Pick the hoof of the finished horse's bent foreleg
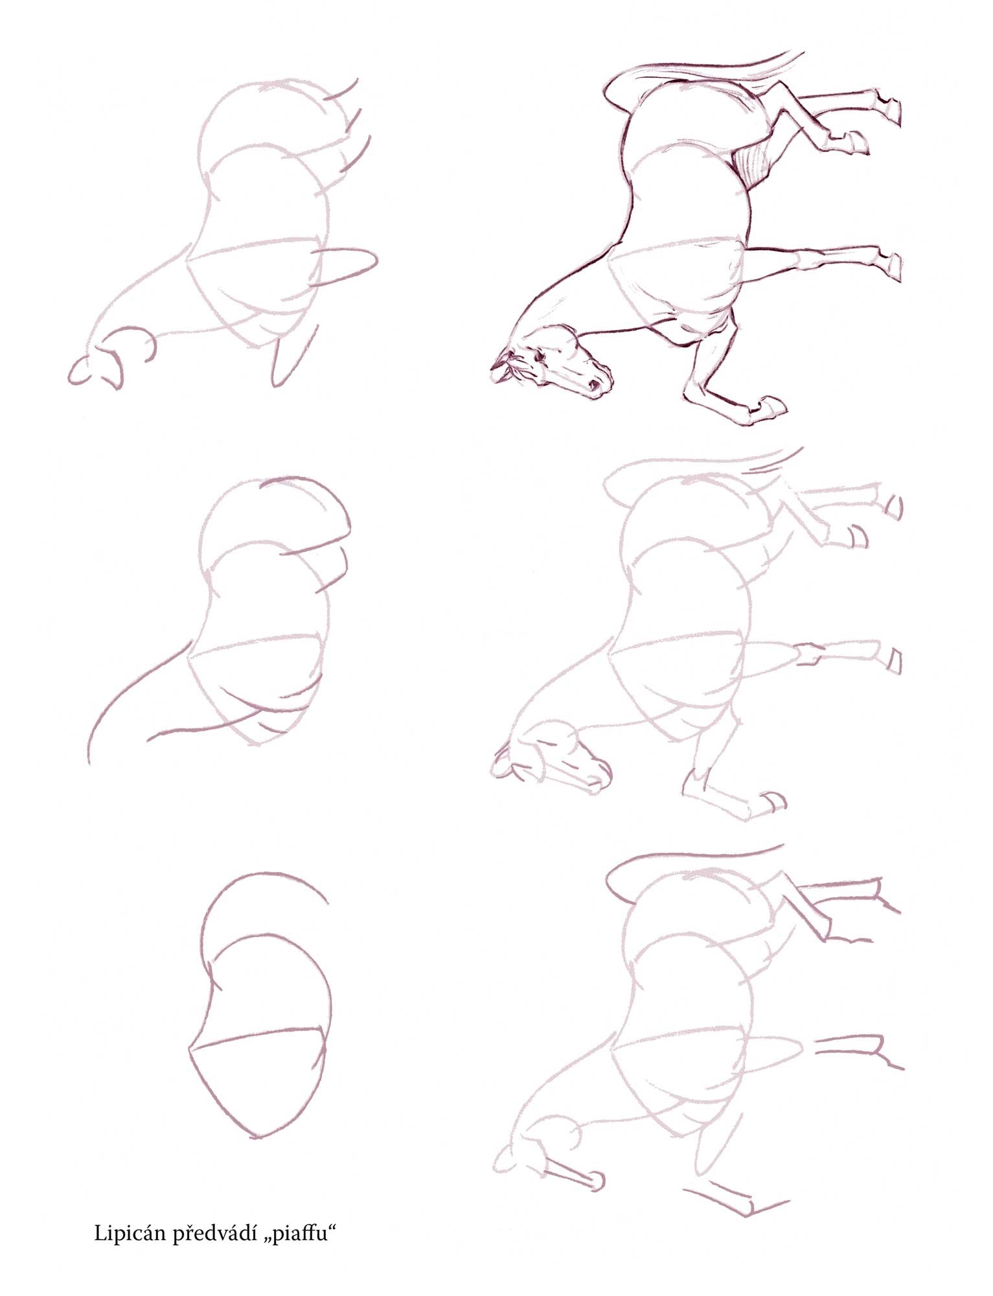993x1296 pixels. coord(772,407)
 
